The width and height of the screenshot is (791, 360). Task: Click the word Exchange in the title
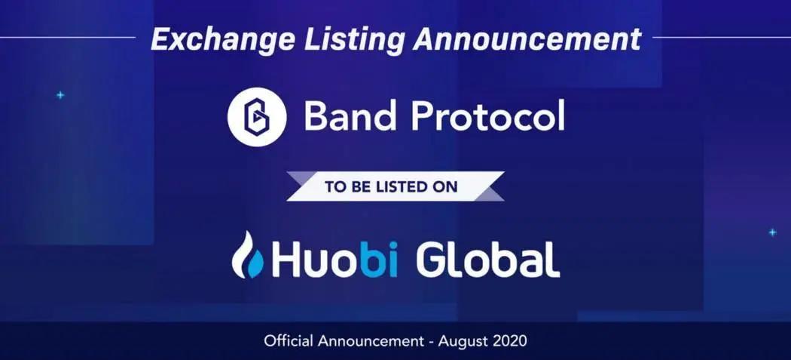[222, 39]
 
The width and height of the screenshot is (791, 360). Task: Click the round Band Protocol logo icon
[257, 117]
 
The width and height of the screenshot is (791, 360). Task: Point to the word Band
[350, 116]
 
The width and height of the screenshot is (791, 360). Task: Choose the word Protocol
[487, 116]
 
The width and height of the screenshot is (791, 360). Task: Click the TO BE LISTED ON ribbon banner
[395, 186]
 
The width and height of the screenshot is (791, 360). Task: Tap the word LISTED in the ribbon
[402, 186]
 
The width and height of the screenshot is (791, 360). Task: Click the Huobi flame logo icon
[247, 255]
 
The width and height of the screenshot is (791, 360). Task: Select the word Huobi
[335, 260]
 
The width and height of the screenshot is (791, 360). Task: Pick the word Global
[488, 260]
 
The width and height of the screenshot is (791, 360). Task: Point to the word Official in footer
[289, 341]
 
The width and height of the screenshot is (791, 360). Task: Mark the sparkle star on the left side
[60, 95]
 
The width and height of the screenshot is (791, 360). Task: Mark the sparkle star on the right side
[772, 232]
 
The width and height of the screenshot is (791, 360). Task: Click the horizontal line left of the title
[68, 37]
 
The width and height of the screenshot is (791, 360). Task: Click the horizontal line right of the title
[722, 37]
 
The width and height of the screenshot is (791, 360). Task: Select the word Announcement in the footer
[371, 341]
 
